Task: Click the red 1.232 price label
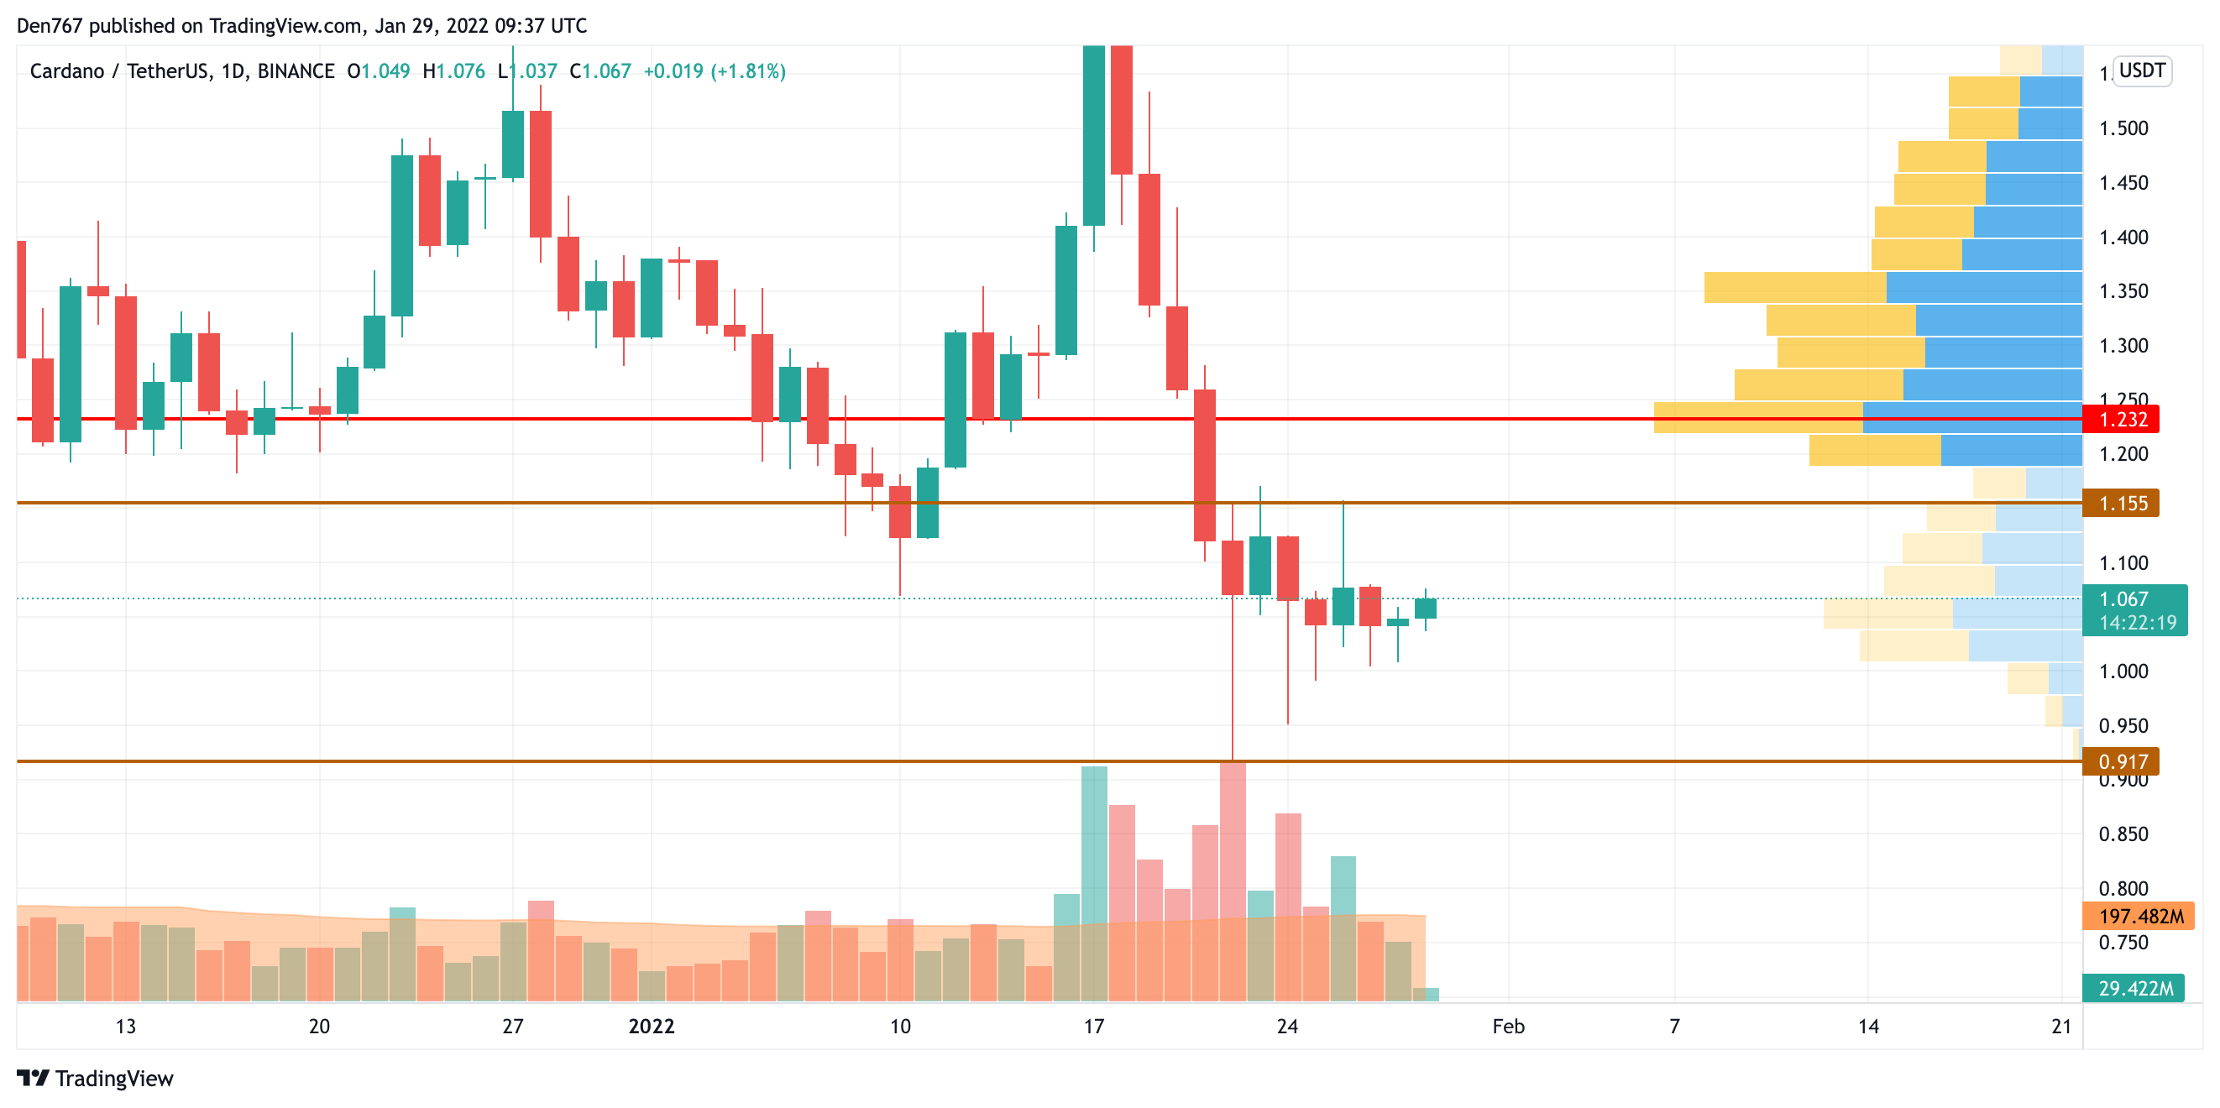2122,420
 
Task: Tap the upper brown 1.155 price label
2122,503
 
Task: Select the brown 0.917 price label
2122,761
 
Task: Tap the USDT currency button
2141,71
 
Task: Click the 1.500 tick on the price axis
2123,128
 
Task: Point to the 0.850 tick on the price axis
2123,834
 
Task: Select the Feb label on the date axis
1507,1026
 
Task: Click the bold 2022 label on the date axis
651,1026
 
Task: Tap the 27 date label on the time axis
513,1026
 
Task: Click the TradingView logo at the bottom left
95,1079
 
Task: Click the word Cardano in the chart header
66,71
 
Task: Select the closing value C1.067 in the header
600,71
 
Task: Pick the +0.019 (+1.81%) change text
715,71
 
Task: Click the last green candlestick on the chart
1425,609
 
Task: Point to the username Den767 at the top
50,26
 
